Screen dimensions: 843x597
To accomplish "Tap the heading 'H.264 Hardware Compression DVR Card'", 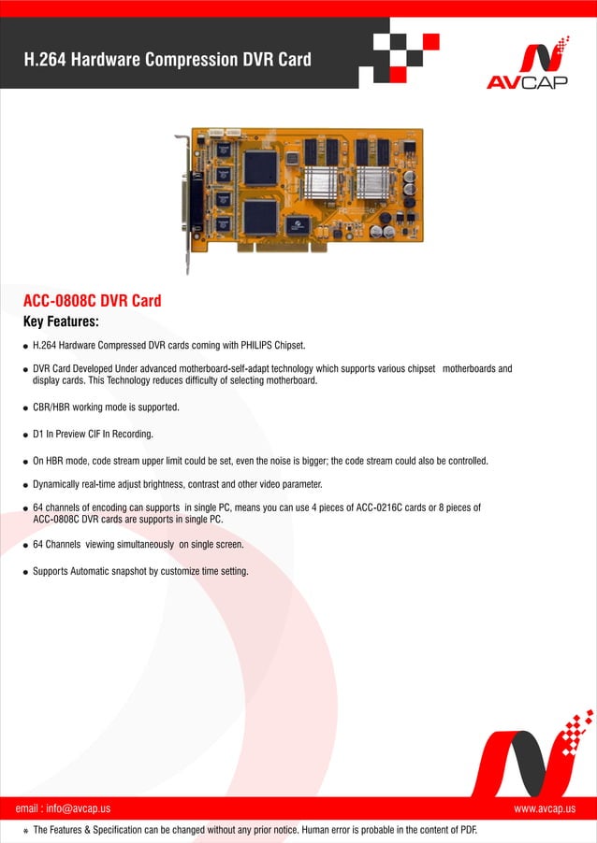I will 167,60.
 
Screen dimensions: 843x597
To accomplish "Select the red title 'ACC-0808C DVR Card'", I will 92,301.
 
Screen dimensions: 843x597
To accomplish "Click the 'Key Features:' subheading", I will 61,321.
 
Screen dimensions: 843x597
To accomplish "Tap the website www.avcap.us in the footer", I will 545,807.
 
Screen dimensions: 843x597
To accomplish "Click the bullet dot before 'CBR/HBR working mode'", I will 25,408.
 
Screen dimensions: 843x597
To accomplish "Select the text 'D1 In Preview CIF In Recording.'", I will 93,435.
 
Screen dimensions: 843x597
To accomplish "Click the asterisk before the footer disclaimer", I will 25,830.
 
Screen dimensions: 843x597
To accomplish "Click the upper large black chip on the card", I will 261,167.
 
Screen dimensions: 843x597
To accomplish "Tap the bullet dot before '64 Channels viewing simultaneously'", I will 25,545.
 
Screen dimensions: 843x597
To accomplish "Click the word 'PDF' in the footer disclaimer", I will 468,829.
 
